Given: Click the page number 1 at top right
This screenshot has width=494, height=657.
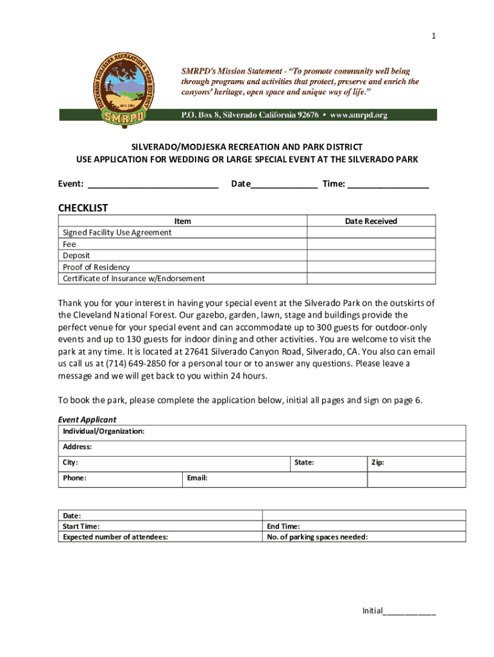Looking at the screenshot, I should [434, 37].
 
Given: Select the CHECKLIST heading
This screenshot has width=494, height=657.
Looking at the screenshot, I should [83, 208].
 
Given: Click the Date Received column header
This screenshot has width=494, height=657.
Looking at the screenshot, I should [371, 221].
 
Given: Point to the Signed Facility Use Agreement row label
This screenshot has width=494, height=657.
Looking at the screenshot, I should [117, 232].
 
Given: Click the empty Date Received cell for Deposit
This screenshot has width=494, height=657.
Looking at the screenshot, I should [371, 255].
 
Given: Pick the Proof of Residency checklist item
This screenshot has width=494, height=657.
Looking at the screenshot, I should [96, 267].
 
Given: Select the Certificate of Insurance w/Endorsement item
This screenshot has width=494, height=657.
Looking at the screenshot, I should [133, 278].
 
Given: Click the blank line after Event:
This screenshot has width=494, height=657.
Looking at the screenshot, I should [153, 185].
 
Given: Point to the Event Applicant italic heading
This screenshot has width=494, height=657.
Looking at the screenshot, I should [87, 420].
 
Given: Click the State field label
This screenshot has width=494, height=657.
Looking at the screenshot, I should [303, 463].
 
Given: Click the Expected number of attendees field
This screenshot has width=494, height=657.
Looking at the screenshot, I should [160, 537].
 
